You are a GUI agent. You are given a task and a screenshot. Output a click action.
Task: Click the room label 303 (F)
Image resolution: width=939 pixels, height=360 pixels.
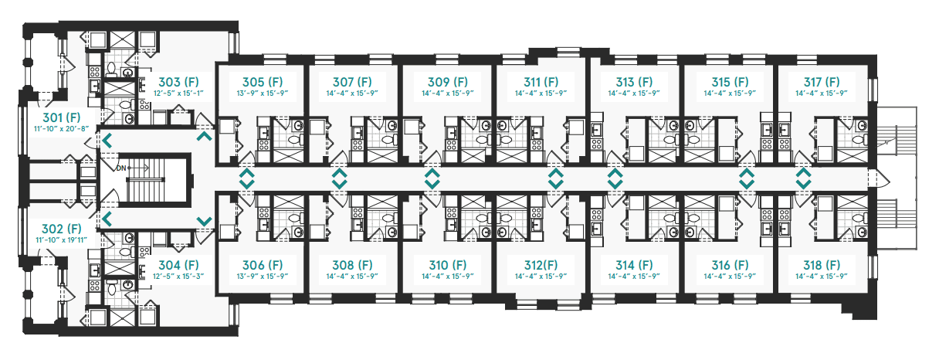point(178,82)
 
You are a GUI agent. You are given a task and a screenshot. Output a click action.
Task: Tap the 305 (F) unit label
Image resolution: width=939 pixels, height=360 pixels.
point(263,82)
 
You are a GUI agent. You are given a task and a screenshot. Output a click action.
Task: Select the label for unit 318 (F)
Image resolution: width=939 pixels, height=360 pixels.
point(822,265)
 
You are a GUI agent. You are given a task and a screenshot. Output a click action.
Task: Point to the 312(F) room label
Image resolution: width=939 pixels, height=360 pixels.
point(541,265)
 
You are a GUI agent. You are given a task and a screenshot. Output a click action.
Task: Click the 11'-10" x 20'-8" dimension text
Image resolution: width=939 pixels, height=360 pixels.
point(62,129)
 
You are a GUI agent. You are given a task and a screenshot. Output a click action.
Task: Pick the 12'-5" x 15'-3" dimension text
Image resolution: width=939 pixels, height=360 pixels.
point(178,276)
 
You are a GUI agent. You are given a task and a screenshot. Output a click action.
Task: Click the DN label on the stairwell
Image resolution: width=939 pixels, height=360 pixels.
point(121,168)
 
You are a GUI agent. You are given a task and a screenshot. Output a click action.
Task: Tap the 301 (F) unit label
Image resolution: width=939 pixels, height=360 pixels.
point(62,117)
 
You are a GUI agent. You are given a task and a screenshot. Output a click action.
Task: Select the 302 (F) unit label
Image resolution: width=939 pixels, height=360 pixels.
point(62,229)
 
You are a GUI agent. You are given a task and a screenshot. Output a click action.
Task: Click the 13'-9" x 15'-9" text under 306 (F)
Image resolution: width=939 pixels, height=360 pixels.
point(263,276)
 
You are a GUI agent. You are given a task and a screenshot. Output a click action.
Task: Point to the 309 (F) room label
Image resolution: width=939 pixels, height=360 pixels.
point(448,82)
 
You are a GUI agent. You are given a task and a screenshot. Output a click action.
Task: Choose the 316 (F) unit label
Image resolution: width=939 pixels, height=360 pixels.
point(730,265)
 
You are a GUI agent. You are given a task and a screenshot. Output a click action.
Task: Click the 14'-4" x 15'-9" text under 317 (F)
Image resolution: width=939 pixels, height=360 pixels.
point(822,93)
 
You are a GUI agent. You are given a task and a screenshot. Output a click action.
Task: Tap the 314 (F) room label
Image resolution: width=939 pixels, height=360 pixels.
point(634,265)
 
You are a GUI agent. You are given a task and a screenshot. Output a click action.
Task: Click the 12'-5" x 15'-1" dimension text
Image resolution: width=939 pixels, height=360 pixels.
point(178,93)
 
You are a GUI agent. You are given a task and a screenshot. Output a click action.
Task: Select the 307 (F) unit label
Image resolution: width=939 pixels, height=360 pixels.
point(352,82)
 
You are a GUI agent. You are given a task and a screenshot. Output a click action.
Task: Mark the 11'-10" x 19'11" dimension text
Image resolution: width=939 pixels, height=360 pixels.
point(62,240)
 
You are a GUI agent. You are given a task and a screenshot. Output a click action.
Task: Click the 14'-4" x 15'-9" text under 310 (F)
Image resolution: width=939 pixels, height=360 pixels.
point(448,276)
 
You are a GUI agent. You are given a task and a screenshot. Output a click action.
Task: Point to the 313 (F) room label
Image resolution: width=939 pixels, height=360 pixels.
point(634,82)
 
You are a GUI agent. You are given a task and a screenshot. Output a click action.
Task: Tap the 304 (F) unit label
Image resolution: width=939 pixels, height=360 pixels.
point(178,265)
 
